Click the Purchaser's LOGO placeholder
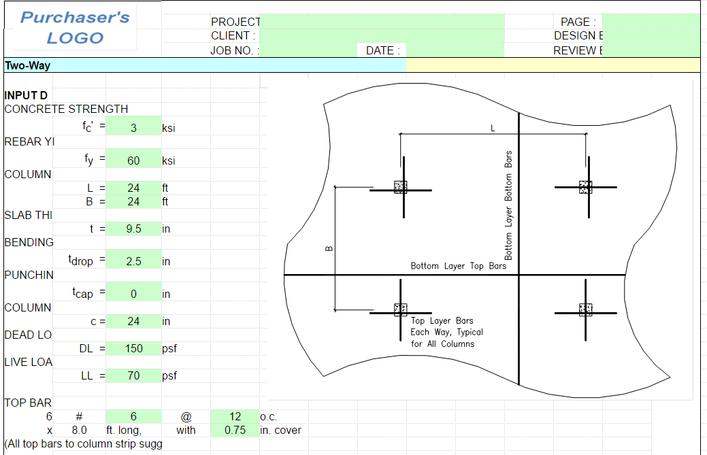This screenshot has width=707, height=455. point(74,27)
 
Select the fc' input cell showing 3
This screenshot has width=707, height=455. point(133,128)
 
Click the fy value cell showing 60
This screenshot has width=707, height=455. point(133,161)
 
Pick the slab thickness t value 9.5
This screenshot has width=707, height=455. point(133,229)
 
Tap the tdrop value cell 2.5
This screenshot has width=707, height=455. point(133,261)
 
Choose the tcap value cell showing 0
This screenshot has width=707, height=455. point(133,294)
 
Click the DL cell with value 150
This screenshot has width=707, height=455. point(133,348)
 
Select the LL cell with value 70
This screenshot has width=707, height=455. point(133,375)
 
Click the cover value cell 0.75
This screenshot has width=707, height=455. point(235,430)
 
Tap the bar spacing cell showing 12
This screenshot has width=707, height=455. point(235,416)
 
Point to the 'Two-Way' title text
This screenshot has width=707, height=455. point(28,66)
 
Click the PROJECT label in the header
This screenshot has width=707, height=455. point(235,22)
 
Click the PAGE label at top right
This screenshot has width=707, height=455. point(578,22)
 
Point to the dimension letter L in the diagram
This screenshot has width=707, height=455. point(493,128)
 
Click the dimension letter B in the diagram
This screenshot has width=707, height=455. point(329,249)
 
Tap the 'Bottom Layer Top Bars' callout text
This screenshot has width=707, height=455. point(458,266)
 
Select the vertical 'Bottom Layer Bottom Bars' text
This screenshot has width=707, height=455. point(508,205)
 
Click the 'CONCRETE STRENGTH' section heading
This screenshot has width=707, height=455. point(66,109)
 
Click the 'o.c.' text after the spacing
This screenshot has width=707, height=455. point(268,416)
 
